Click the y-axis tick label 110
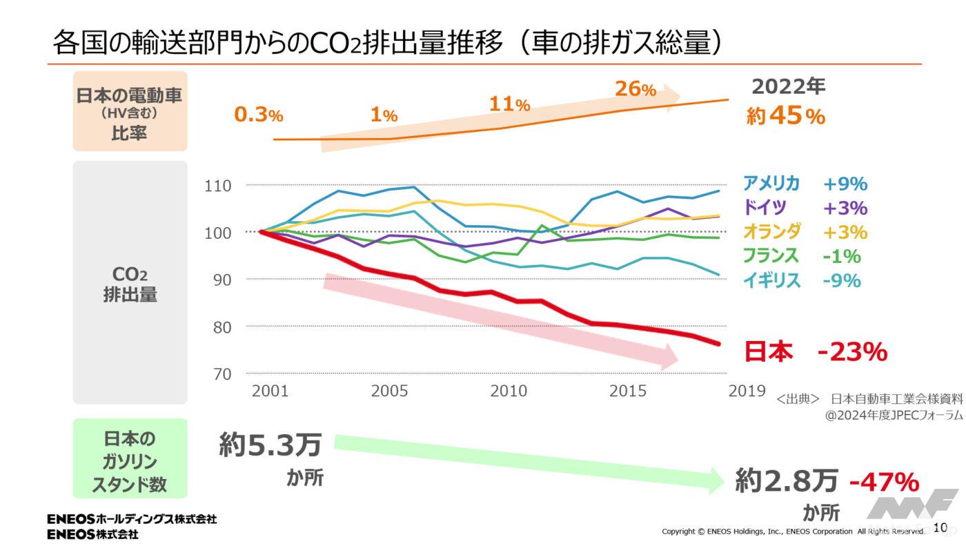(217, 186)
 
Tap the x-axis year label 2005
(390, 391)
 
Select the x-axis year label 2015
(628, 391)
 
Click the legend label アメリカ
(771, 183)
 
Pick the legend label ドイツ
(765, 207)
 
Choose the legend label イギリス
(771, 280)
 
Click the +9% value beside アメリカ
(845, 184)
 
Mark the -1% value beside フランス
(842, 257)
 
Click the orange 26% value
(635, 89)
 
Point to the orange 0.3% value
(259, 115)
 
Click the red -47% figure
(884, 481)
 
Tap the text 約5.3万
(270, 445)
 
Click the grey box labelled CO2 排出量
(130, 282)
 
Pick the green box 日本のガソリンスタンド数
(130, 458)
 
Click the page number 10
(940, 527)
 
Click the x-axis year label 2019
(747, 391)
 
